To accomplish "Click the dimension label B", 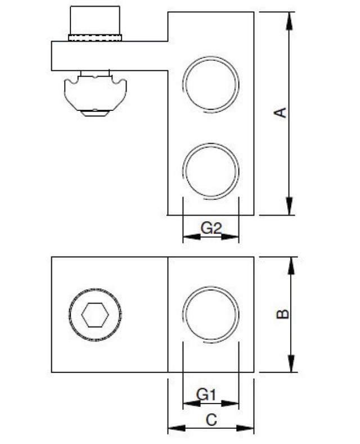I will click(x=283, y=313).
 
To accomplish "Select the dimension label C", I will click(x=210, y=419).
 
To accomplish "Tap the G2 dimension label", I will click(x=211, y=228).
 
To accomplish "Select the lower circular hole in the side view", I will click(x=211, y=171).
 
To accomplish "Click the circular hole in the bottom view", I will click(x=211, y=314).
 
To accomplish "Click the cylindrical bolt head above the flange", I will click(x=94, y=20).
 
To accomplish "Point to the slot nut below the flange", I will click(x=95, y=95).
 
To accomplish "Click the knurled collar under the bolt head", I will click(x=95, y=38).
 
